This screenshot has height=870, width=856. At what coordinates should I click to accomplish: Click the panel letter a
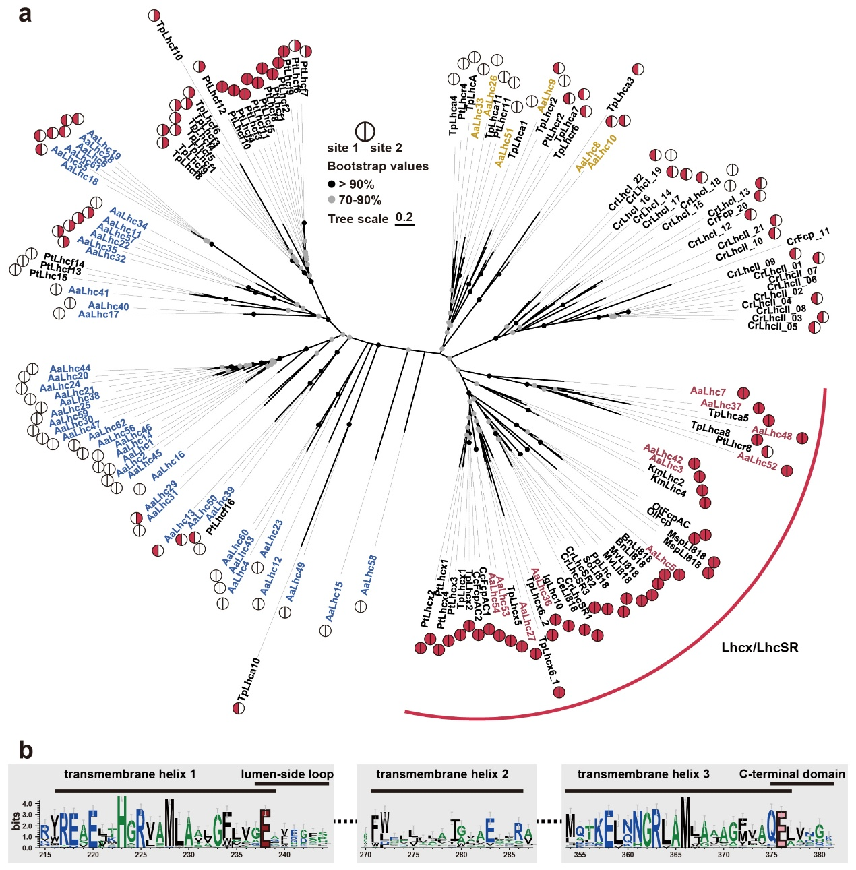(x=25, y=14)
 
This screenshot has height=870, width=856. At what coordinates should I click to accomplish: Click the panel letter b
(x=25, y=749)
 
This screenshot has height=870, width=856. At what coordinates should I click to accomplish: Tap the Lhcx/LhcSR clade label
(x=760, y=648)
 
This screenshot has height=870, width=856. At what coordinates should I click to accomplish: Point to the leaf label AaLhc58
(x=368, y=575)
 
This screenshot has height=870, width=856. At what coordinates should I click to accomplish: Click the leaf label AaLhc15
(x=334, y=601)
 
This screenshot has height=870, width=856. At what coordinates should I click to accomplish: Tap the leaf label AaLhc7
(x=708, y=391)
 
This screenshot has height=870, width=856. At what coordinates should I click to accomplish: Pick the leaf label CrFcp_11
(x=807, y=237)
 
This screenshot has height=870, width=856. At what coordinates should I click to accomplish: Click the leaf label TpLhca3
(x=621, y=94)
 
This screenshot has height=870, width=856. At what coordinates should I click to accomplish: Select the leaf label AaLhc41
(x=88, y=292)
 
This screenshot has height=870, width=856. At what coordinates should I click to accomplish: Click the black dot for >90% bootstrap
(x=332, y=184)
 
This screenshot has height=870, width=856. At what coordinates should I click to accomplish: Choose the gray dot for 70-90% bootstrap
(x=332, y=200)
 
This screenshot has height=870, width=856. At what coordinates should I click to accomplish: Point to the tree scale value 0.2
(x=404, y=217)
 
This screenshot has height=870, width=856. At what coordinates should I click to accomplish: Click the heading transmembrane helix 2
(x=442, y=774)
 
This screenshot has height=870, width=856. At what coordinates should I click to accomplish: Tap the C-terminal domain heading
(x=792, y=774)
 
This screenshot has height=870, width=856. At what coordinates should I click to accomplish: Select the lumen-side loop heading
(x=287, y=774)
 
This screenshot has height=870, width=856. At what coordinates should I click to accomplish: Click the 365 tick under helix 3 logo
(x=675, y=855)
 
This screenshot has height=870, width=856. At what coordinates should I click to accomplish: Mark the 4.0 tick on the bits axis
(x=27, y=804)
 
